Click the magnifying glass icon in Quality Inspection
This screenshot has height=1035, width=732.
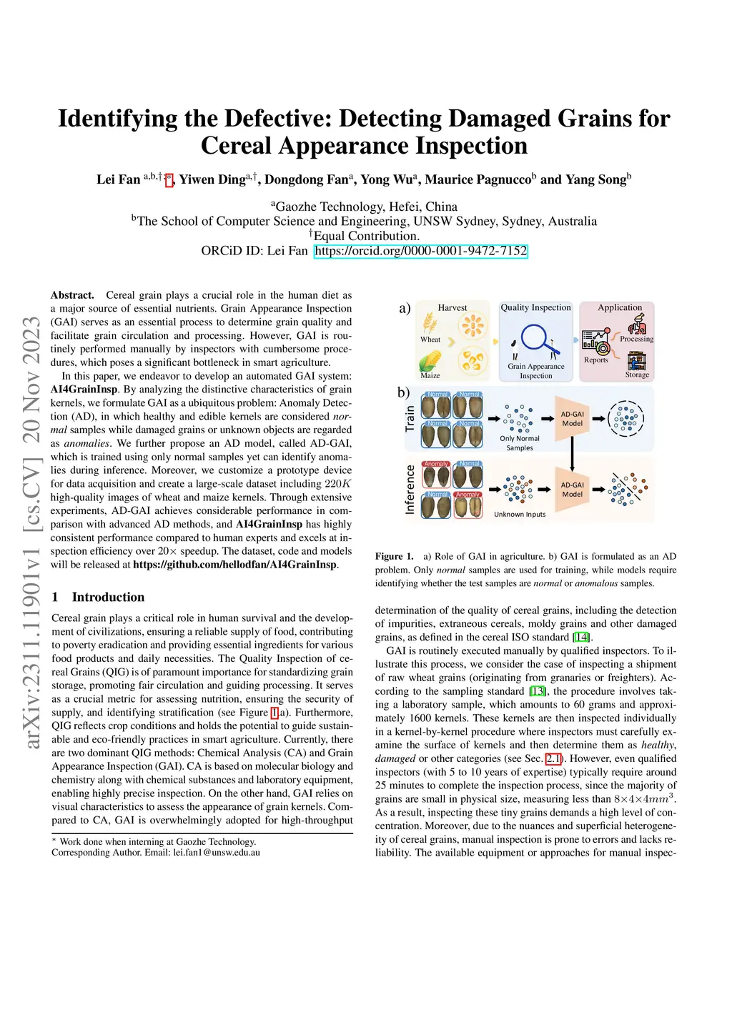point(535,339)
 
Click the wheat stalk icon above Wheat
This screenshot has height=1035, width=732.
point(429,321)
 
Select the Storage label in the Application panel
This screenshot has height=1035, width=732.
point(637,375)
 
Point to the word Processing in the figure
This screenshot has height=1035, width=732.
point(636,339)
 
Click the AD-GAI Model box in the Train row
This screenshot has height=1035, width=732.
point(572,418)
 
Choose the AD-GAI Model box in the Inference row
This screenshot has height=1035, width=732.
point(572,489)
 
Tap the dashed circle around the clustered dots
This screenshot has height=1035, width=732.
point(626,418)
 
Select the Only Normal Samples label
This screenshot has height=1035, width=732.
point(520,443)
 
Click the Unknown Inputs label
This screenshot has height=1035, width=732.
point(520,514)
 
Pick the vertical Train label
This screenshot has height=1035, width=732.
point(410,418)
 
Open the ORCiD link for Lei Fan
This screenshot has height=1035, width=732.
point(420,251)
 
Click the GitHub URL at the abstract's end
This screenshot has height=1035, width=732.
point(235,565)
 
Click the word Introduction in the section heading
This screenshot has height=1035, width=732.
point(108,597)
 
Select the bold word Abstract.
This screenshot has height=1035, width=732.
point(72,295)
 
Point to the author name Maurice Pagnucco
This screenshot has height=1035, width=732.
point(480,179)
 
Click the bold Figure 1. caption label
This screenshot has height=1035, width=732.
point(395,556)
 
